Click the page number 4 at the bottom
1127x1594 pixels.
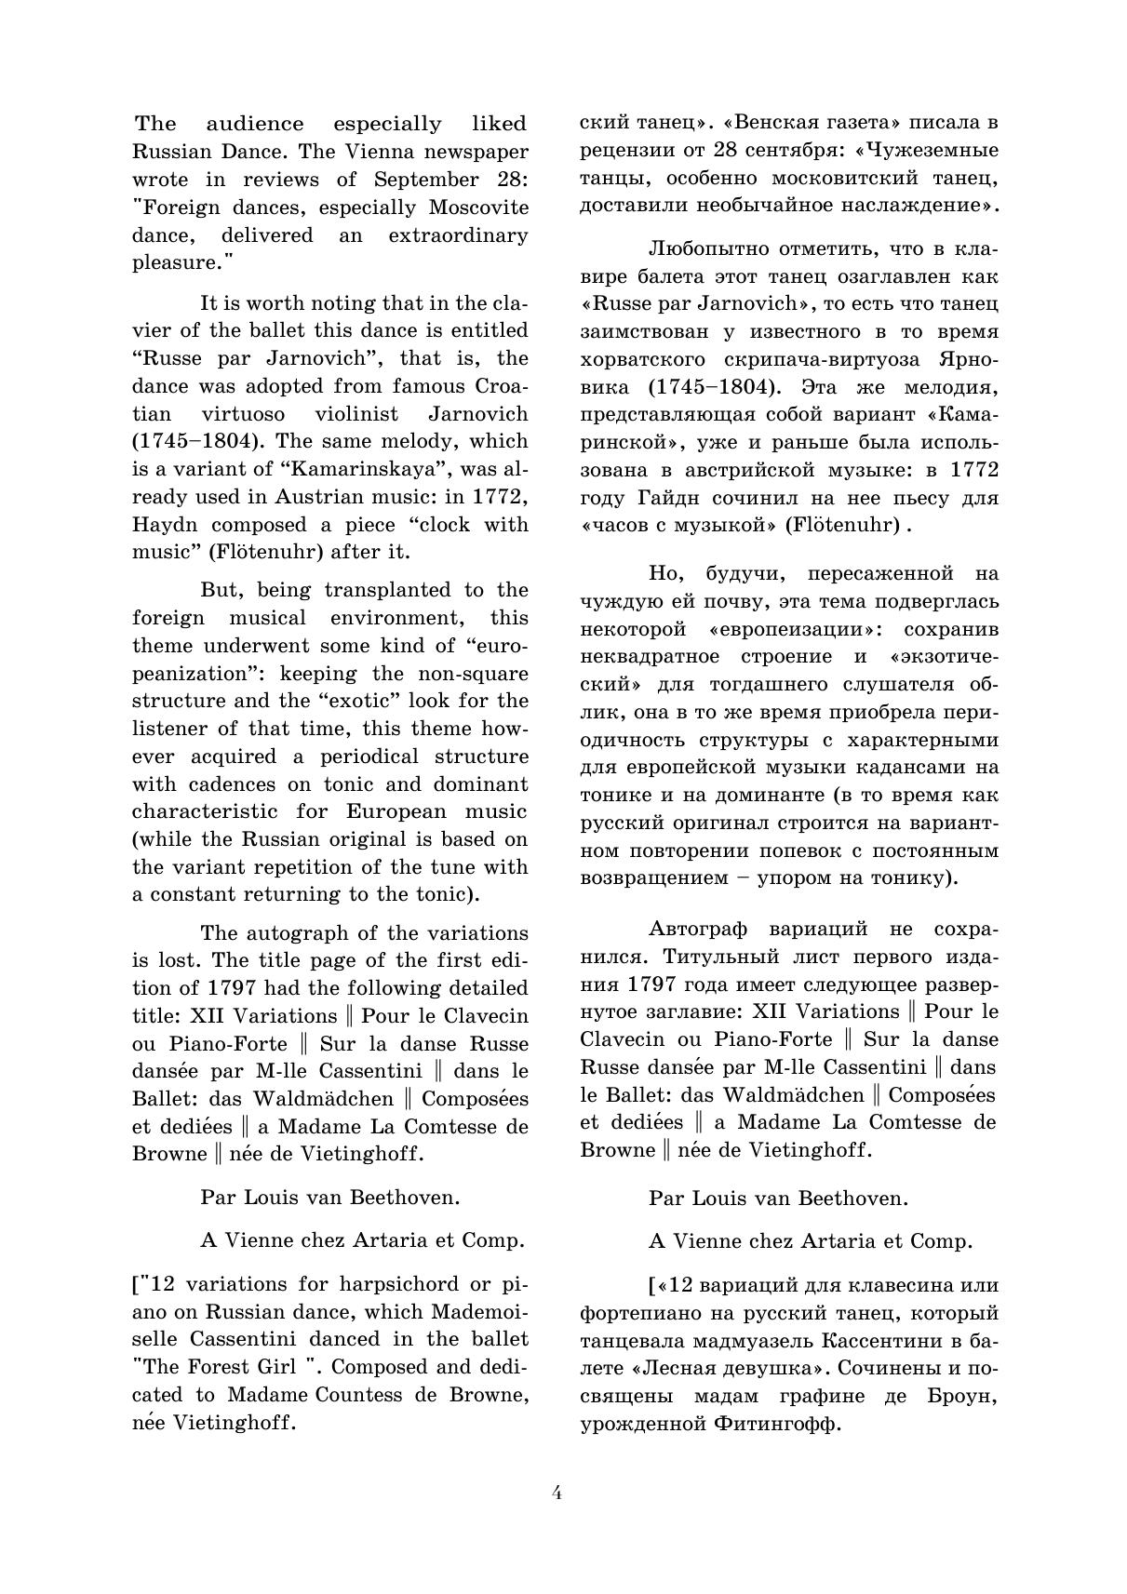click(x=557, y=1494)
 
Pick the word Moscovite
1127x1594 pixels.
click(x=477, y=208)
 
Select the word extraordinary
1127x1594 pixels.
click(x=458, y=235)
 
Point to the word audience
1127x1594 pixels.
click(x=254, y=124)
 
